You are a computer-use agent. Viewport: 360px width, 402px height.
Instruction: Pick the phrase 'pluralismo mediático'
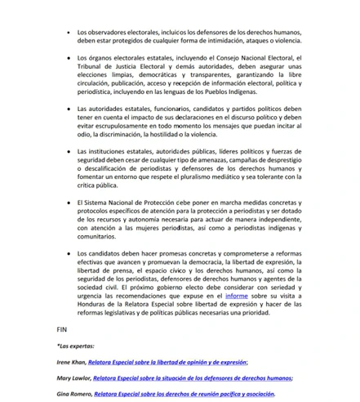(x=207, y=176)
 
